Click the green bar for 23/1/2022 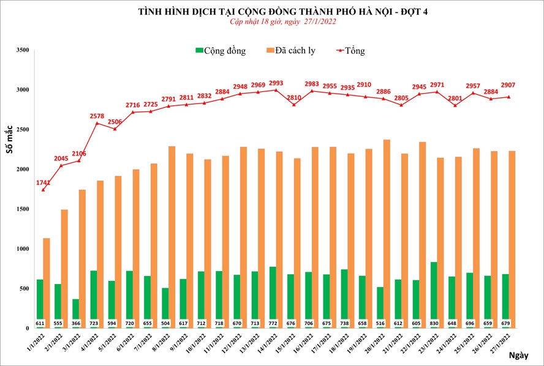(433, 294)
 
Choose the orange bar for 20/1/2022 (387, 233)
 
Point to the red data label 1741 (42, 183)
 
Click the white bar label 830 (433, 323)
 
